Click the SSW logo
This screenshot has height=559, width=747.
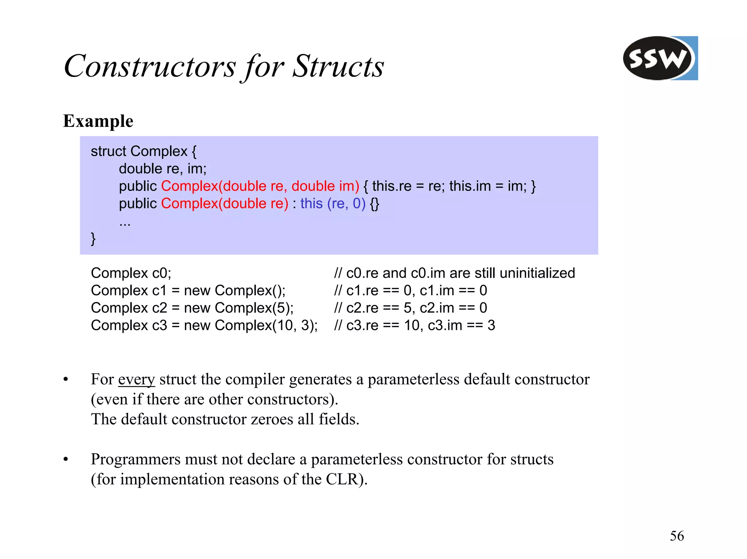coord(659,58)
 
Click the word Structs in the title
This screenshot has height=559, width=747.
coord(338,66)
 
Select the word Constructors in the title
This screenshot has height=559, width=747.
coord(150,66)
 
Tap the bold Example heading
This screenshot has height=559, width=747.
coord(98,121)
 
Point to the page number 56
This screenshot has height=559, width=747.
coord(677,536)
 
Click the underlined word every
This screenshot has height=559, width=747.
coord(136,379)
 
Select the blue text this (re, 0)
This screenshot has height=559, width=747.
coord(333,203)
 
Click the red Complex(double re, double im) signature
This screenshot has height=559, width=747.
coord(260,186)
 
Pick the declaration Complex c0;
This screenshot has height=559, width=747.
coord(131,273)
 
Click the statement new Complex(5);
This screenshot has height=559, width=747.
coord(239,308)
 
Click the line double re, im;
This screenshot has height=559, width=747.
coord(163,169)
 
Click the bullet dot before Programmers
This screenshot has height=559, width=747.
coord(66,460)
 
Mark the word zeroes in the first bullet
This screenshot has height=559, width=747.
coord(272,419)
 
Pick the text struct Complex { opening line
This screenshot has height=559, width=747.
coord(143,151)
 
